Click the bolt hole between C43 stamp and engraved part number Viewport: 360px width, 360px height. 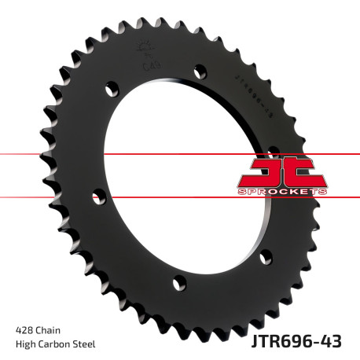click(198, 69)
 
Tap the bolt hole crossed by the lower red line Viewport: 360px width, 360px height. click(97, 193)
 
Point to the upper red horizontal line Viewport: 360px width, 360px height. click(47, 154)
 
